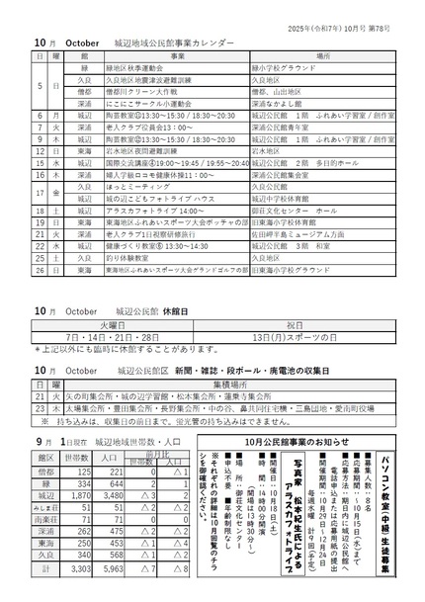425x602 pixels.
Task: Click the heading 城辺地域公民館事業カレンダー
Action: click(x=174, y=44)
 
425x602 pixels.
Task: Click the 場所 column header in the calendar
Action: click(x=322, y=57)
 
